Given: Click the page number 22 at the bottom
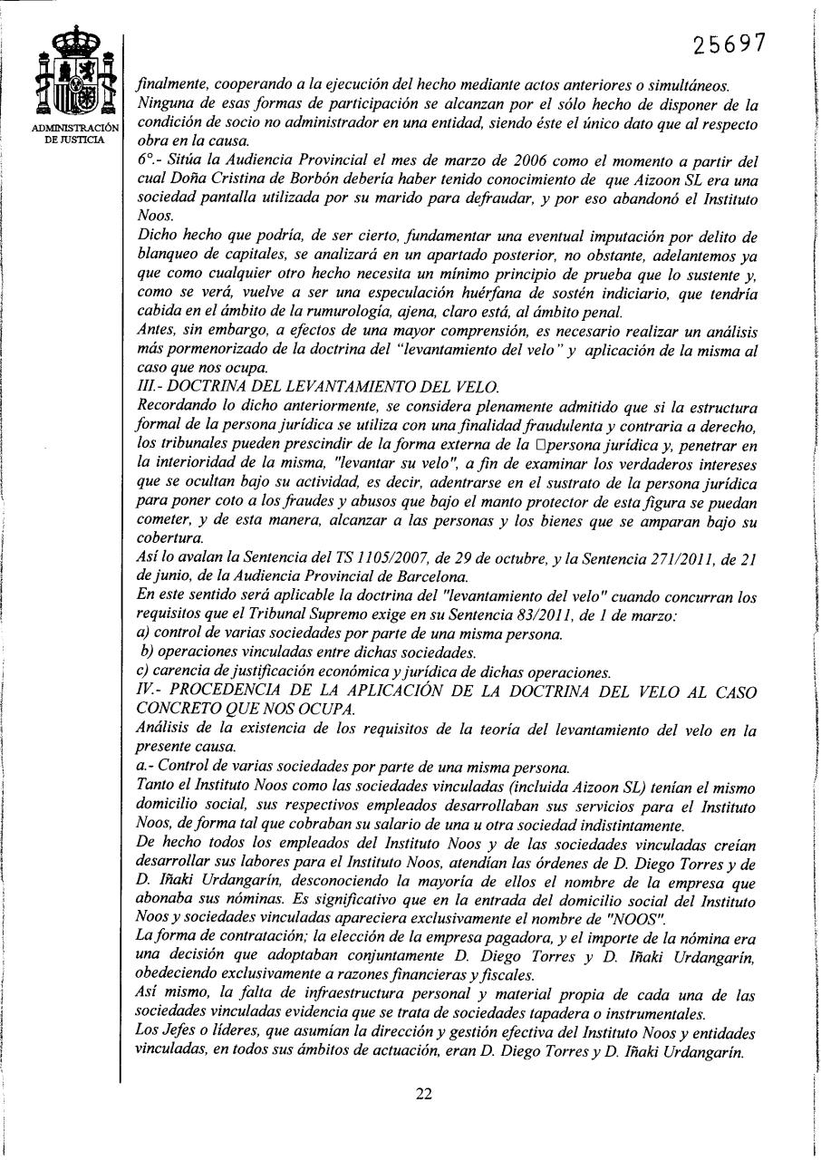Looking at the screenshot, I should pyautogui.click(x=424, y=1093).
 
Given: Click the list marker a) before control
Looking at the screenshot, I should pyautogui.click(x=140, y=634).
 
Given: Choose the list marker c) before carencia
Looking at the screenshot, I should pyautogui.click(x=140, y=672).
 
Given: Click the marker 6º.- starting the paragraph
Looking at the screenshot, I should pyautogui.click(x=147, y=161).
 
